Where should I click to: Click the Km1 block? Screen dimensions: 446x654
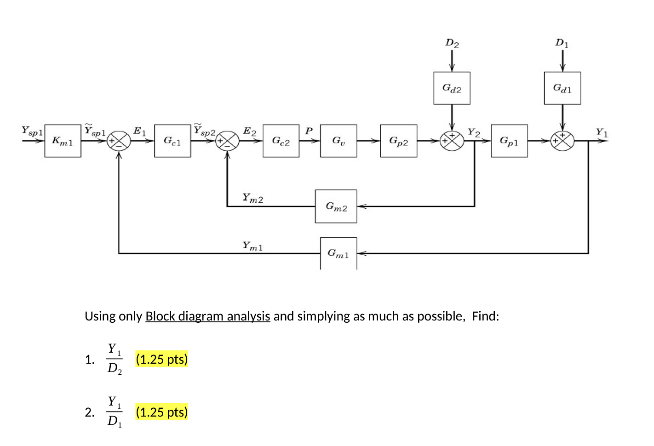63,141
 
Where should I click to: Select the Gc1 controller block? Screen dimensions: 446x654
172,141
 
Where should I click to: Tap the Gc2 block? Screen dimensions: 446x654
281,141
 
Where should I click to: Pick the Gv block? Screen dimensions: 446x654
338,141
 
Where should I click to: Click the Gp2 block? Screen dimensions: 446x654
398,141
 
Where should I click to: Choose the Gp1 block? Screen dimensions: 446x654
509,141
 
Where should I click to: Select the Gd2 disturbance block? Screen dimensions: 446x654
452,88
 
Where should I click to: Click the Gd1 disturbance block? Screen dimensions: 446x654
562,88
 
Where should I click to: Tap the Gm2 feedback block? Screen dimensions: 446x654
336,206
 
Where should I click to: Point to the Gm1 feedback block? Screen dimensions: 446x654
338,253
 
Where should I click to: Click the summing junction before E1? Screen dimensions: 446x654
119,141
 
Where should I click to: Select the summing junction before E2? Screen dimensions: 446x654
227,141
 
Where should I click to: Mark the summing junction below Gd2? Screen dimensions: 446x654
452,141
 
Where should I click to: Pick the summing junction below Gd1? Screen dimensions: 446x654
562,141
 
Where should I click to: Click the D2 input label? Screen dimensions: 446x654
452,43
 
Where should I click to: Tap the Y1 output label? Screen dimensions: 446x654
602,132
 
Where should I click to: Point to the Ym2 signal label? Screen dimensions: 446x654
252,198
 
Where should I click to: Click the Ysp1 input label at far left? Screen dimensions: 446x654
32,131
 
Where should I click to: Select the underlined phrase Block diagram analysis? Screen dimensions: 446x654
207,316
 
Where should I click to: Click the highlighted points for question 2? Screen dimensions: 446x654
162,412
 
